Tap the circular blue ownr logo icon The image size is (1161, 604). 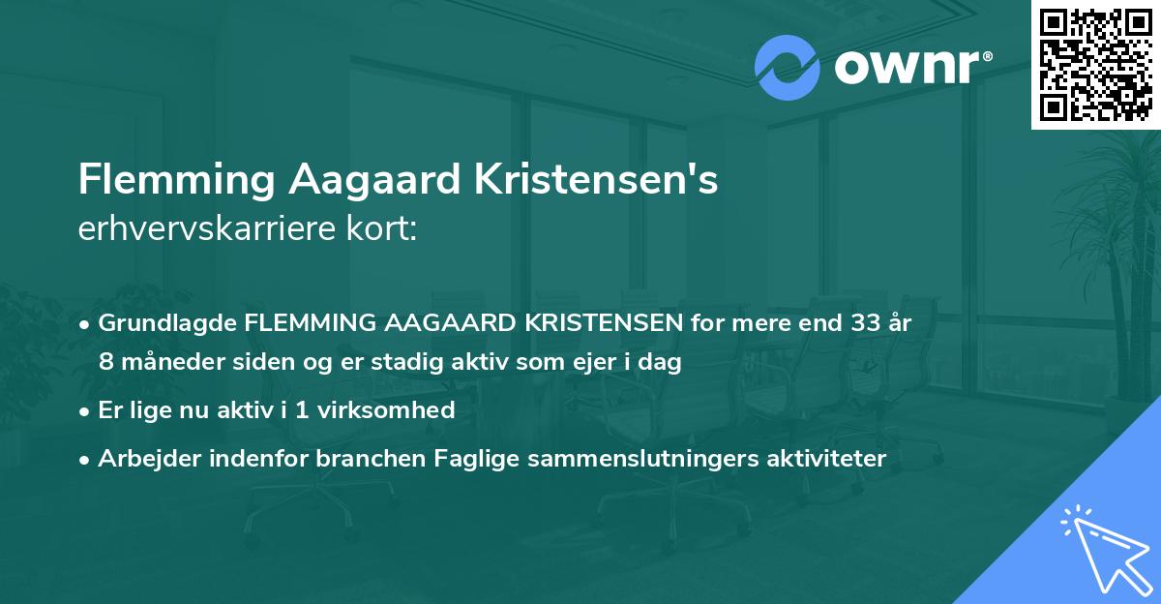(788, 67)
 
